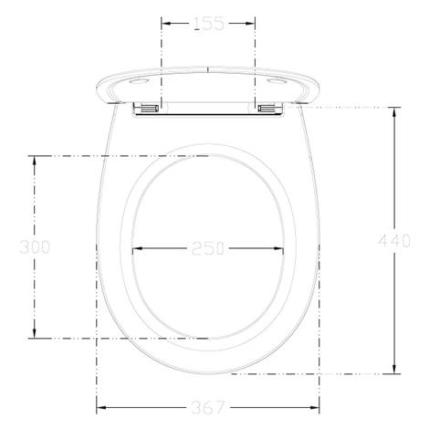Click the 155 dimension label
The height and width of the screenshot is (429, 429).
209,24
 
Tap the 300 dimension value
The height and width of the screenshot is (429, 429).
35,246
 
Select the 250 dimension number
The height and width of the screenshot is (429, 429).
208,248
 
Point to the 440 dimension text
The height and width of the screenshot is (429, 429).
394,241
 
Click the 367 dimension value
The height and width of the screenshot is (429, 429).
208,407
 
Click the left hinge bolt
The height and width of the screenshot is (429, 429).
149,108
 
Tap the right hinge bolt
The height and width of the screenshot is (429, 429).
267,108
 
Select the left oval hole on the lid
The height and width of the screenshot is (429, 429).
139,81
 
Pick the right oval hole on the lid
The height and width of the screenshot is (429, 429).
277,81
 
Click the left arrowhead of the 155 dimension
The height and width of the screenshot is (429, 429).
165,24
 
